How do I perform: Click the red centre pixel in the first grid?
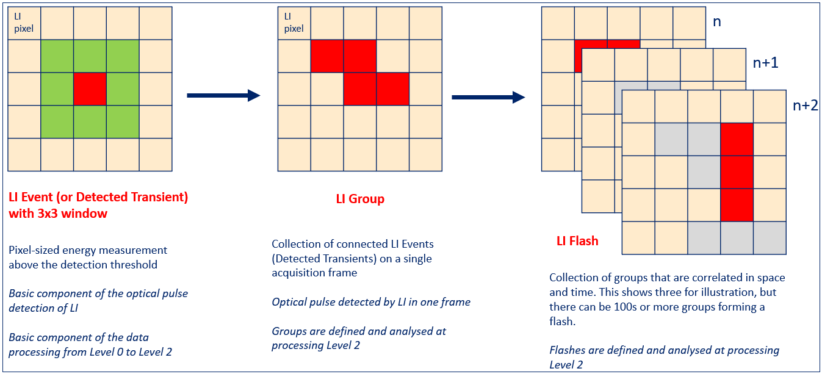tap(90, 88)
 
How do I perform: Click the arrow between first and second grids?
tap(223, 95)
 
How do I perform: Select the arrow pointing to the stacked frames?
tap(488, 96)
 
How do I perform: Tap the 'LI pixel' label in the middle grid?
tap(294, 23)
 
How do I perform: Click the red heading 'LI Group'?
tap(360, 199)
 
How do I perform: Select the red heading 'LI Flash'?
tap(577, 240)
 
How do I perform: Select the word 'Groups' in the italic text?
tap(289, 331)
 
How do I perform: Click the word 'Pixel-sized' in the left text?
tap(34, 250)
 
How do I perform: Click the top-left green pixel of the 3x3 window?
tap(57, 56)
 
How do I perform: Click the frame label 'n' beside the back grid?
tap(717, 22)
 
